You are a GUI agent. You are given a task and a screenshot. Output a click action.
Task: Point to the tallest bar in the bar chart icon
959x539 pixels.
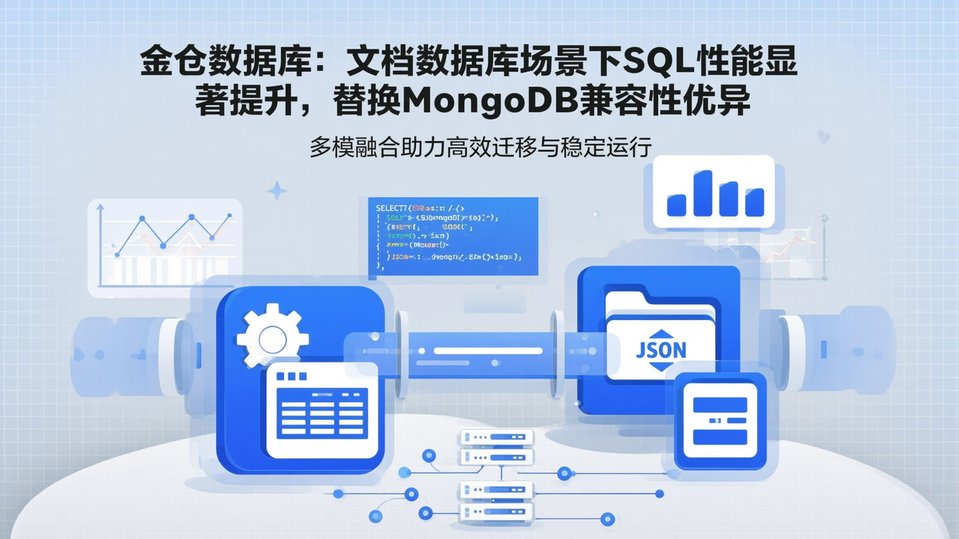703,193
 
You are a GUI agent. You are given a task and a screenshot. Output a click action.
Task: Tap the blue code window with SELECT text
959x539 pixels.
453,236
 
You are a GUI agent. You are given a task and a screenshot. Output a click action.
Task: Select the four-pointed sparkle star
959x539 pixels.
277,191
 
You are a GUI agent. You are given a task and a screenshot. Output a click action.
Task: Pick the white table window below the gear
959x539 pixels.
322,411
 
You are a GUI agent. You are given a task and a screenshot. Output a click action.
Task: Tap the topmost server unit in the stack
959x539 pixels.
496,437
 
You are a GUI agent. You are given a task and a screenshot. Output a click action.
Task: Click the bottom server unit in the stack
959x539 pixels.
496,511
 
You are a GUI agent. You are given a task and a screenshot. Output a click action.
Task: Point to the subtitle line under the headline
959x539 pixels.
479,147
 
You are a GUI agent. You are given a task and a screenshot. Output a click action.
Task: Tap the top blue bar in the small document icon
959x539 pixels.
719,404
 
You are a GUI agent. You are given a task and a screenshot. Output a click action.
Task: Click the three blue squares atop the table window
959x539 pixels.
291,376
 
